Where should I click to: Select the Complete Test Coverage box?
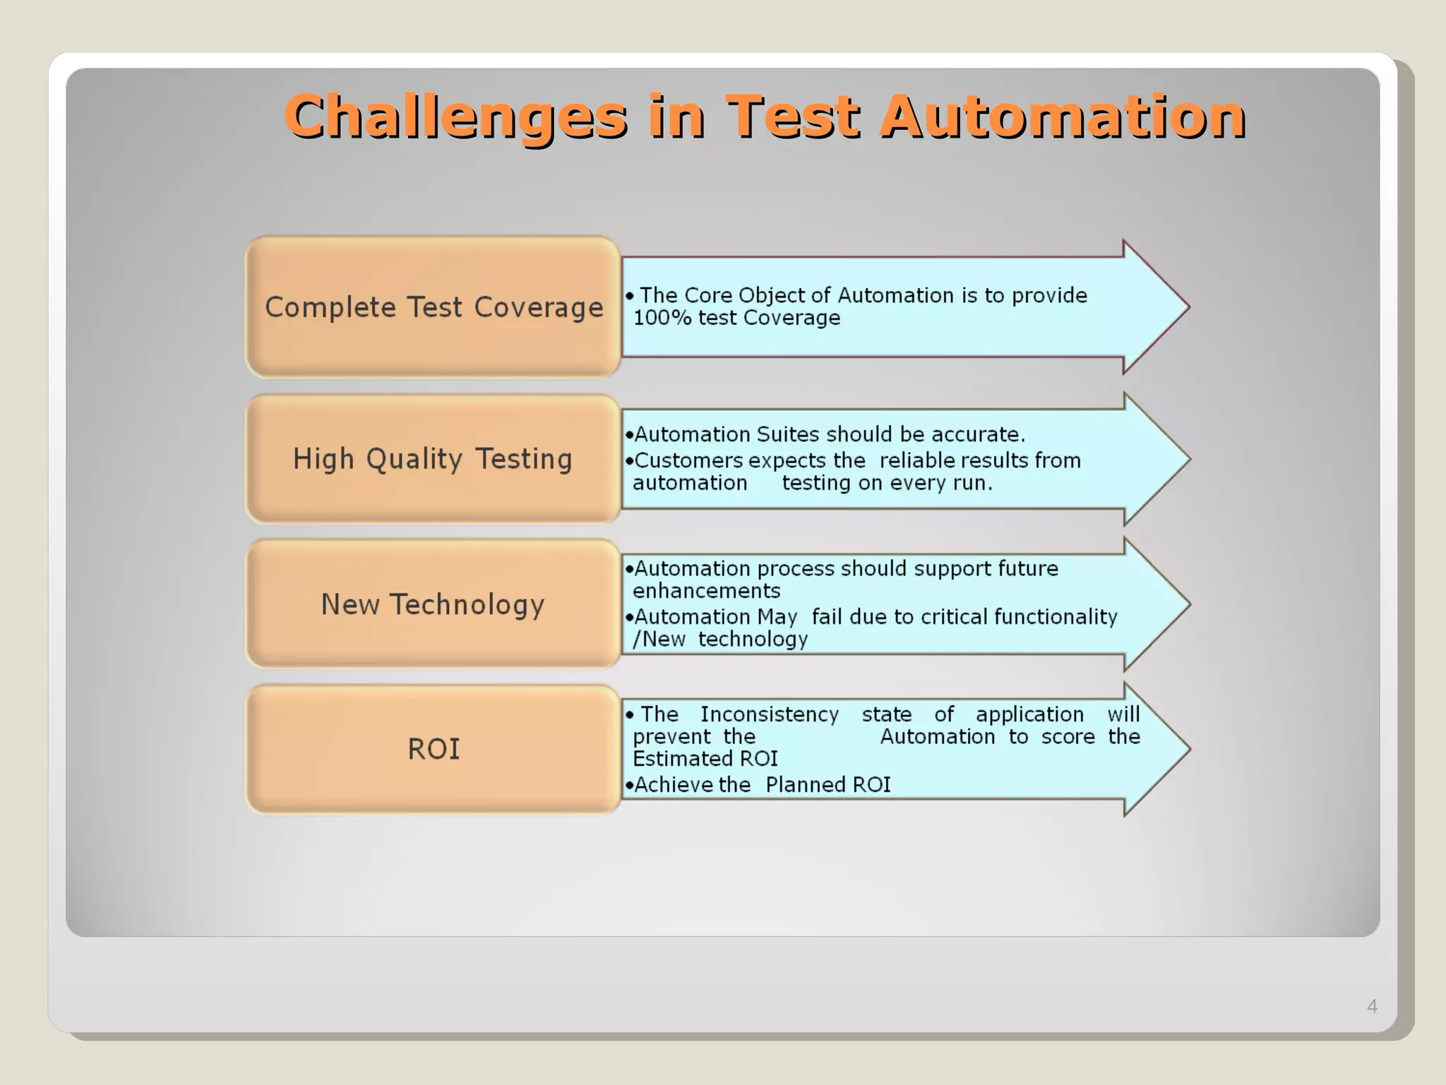[x=434, y=307]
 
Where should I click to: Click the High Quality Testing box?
[x=434, y=459]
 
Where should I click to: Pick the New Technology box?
[x=434, y=605]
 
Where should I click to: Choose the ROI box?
[x=434, y=749]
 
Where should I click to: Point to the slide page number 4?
[x=1372, y=1006]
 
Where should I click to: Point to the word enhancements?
[x=706, y=591]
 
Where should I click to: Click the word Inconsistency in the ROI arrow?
[x=770, y=714]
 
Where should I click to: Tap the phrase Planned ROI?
[x=827, y=785]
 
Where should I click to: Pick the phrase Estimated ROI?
[x=705, y=759]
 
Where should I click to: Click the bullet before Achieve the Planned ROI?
[x=628, y=785]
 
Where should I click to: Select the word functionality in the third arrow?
[x=1055, y=617]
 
